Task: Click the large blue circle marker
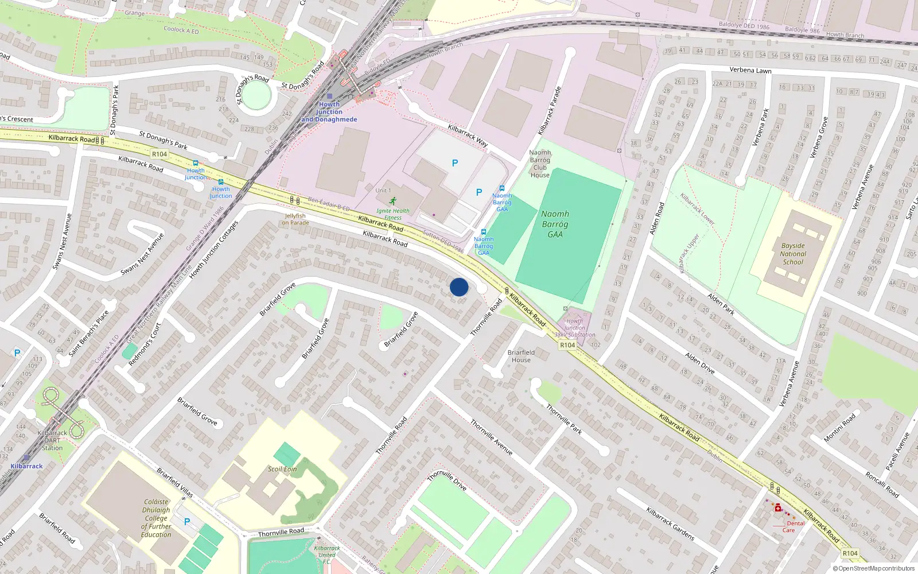tap(459, 287)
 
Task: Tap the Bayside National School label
tap(793, 254)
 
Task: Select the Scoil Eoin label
tap(282, 469)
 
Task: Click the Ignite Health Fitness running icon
tap(392, 201)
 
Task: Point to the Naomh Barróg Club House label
tap(540, 164)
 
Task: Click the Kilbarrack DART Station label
tap(52, 440)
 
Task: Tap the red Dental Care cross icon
tap(778, 508)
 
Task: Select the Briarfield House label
tap(521, 356)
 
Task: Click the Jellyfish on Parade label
tap(295, 219)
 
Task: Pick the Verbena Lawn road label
tap(750, 70)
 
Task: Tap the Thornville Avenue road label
tap(491, 437)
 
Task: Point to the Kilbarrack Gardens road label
tap(670, 523)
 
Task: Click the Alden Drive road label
tap(699, 363)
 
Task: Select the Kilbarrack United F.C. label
tap(327, 554)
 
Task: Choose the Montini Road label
tap(839, 427)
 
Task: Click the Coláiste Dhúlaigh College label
tap(156, 518)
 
